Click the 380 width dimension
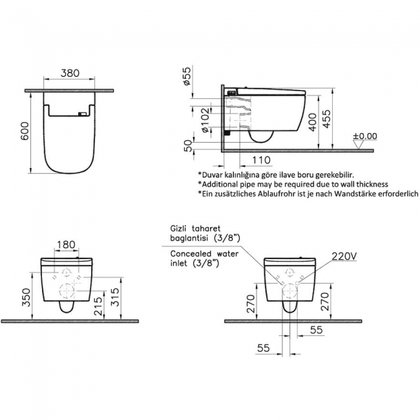pyautogui.click(x=70, y=73)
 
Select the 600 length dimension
pyautogui.click(x=25, y=131)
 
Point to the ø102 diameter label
pyautogui.click(x=205, y=120)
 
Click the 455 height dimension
pyautogui.click(x=326, y=119)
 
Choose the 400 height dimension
pyautogui.click(x=312, y=122)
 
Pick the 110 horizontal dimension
pyautogui.click(x=262, y=160)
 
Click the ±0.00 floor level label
pyautogui.click(x=365, y=136)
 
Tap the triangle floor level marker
pyautogui.click(x=358, y=145)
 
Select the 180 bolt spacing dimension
pyautogui.click(x=66, y=244)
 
